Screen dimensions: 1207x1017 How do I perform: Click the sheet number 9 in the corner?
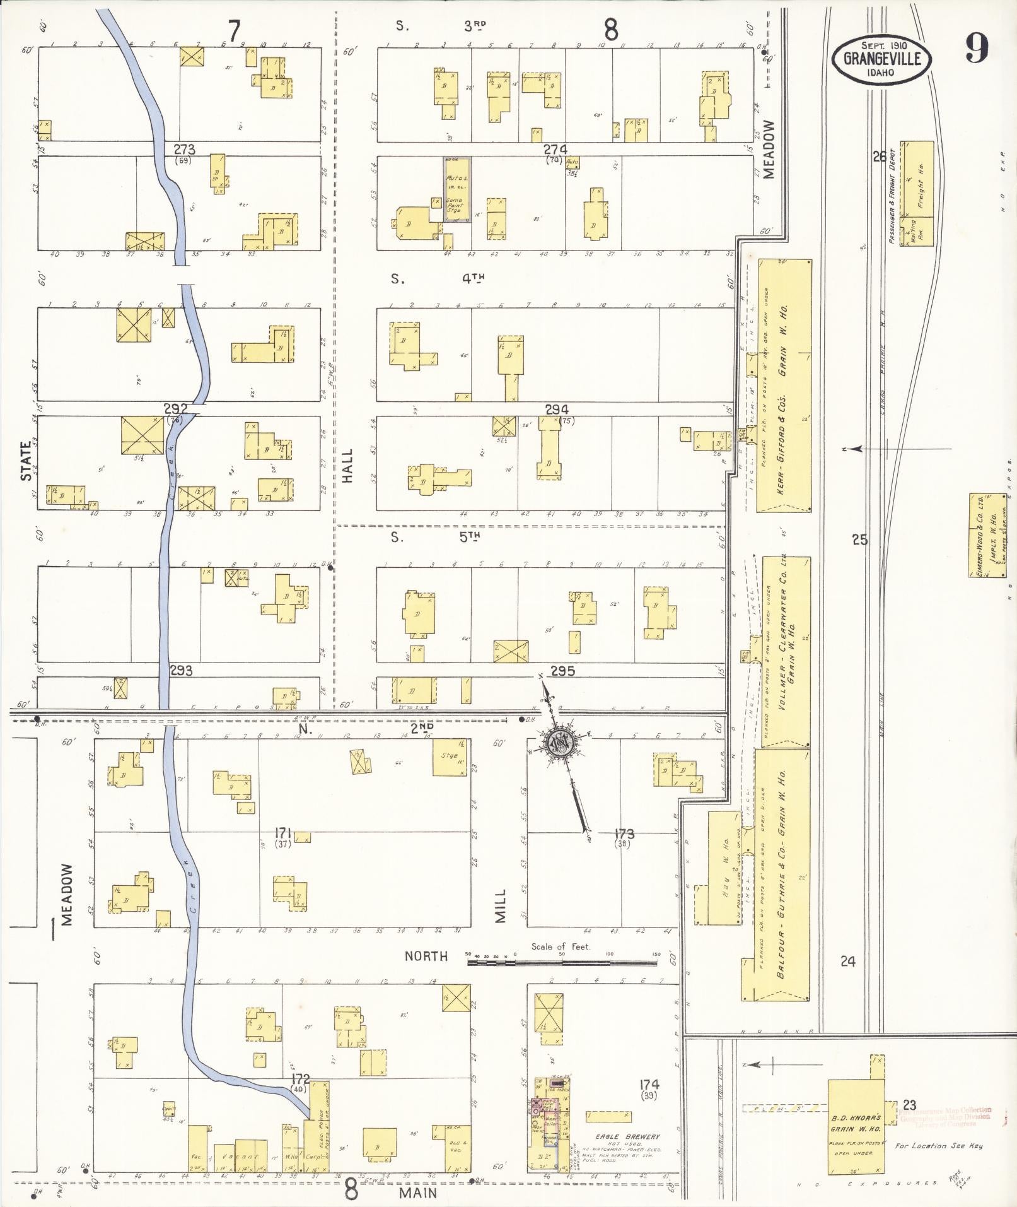coord(975,49)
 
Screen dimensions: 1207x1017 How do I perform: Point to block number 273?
coord(184,150)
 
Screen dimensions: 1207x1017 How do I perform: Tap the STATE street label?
coord(26,461)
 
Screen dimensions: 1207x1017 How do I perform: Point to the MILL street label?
coord(500,907)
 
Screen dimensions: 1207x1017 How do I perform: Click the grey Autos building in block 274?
coord(456,189)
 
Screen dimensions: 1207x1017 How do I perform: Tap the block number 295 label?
coord(562,671)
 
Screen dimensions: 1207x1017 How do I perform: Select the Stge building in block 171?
coord(449,757)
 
